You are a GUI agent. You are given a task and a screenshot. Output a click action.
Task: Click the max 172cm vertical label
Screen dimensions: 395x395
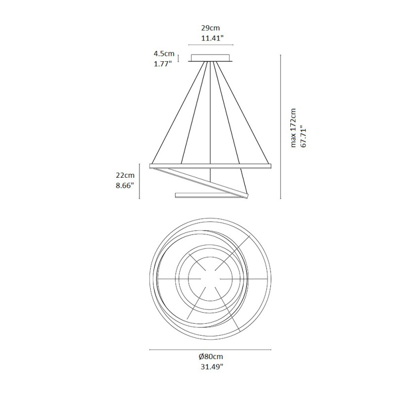click(x=293, y=127)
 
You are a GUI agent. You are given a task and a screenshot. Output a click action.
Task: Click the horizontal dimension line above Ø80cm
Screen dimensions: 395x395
click(x=211, y=350)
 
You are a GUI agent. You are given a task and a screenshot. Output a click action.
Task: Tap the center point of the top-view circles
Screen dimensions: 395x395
click(x=211, y=279)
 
